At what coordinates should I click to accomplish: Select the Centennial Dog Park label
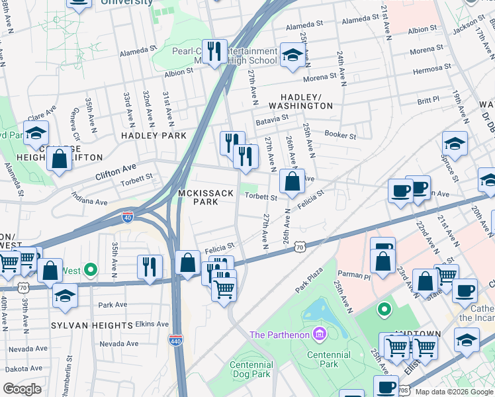pos(250,369)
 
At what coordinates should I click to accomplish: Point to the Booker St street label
pos(340,136)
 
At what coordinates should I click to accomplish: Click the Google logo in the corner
pos(22,388)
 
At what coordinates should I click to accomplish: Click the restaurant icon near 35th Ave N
pos(150,266)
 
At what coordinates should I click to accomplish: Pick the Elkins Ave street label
pos(152,324)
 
